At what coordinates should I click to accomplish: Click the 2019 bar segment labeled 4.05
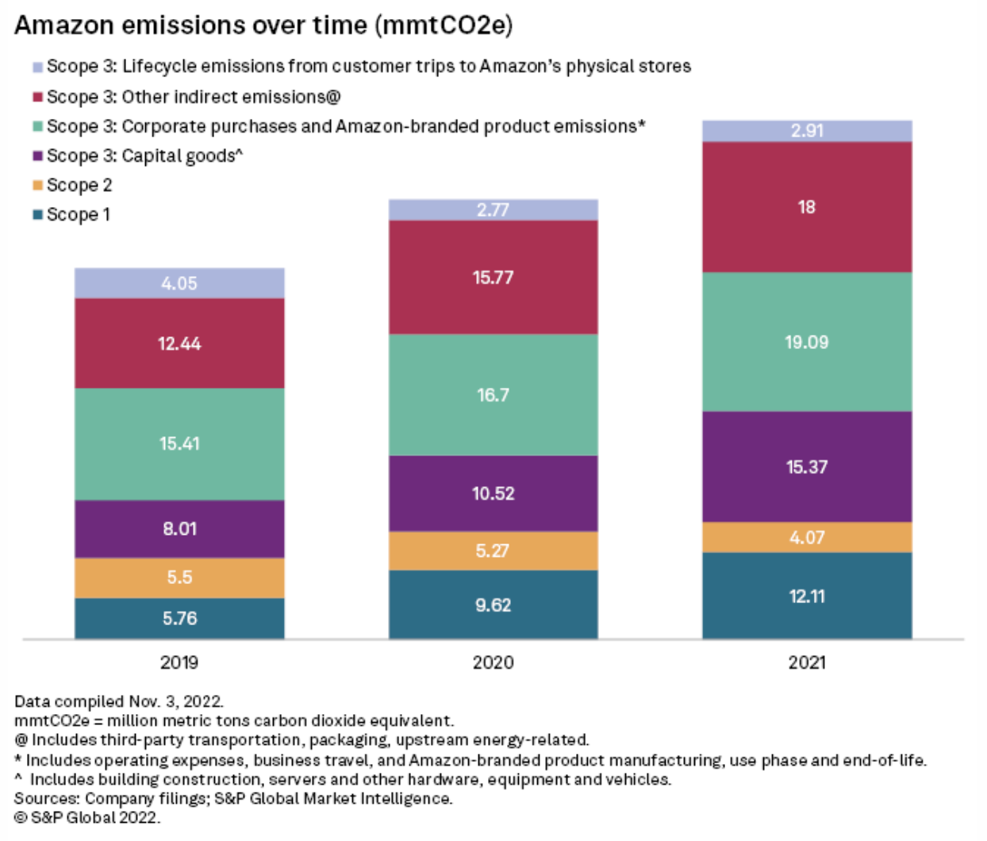tap(179, 283)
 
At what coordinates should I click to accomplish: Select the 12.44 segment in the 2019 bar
tap(179, 344)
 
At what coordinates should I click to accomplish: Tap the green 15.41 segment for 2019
tap(179, 444)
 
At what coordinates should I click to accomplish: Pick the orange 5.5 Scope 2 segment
tap(179, 578)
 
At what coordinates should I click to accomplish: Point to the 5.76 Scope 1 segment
tap(179, 619)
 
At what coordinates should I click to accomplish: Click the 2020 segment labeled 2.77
tap(493, 209)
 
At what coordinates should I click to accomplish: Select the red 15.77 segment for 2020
tap(493, 278)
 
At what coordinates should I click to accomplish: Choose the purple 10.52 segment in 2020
tap(493, 493)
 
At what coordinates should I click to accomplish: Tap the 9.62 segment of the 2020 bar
tap(493, 605)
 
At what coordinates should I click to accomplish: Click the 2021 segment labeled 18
tap(807, 207)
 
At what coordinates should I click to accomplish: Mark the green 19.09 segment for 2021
tap(807, 342)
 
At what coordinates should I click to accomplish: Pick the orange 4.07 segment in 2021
tap(807, 538)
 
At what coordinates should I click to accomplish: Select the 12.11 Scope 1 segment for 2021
tap(807, 597)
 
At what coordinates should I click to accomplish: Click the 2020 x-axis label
tap(493, 662)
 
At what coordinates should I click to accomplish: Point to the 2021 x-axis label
tap(807, 662)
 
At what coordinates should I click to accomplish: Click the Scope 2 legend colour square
tap(37, 186)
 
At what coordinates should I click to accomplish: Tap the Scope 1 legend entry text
tap(79, 214)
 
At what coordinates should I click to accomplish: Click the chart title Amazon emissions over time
tap(263, 25)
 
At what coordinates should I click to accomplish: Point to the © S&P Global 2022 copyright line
tap(87, 817)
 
